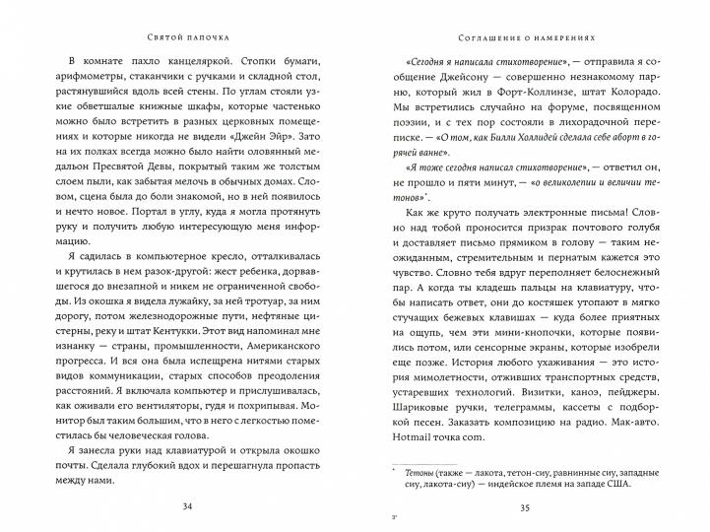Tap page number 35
(x=528, y=507)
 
